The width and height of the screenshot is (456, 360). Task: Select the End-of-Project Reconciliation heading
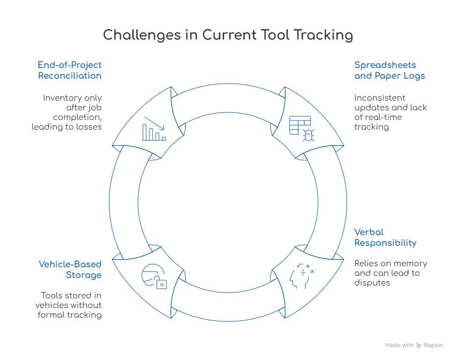[70, 71]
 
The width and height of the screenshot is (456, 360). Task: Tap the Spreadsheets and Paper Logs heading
[389, 71]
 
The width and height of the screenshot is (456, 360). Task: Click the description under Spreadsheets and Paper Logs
[389, 113]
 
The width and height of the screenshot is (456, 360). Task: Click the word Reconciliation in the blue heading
[70, 76]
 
